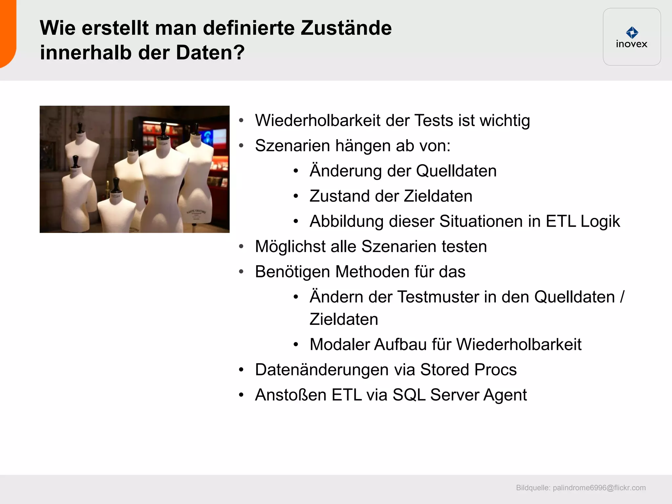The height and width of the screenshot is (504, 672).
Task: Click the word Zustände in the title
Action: pos(346,28)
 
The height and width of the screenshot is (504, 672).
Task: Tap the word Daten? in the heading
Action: pos(210,52)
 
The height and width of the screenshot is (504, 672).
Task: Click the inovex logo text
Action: pos(631,44)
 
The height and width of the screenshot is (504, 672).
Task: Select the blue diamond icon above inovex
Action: pos(632,32)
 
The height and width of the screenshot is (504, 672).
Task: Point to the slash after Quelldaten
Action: pos(622,297)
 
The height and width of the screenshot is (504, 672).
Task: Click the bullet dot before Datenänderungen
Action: pos(241,370)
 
